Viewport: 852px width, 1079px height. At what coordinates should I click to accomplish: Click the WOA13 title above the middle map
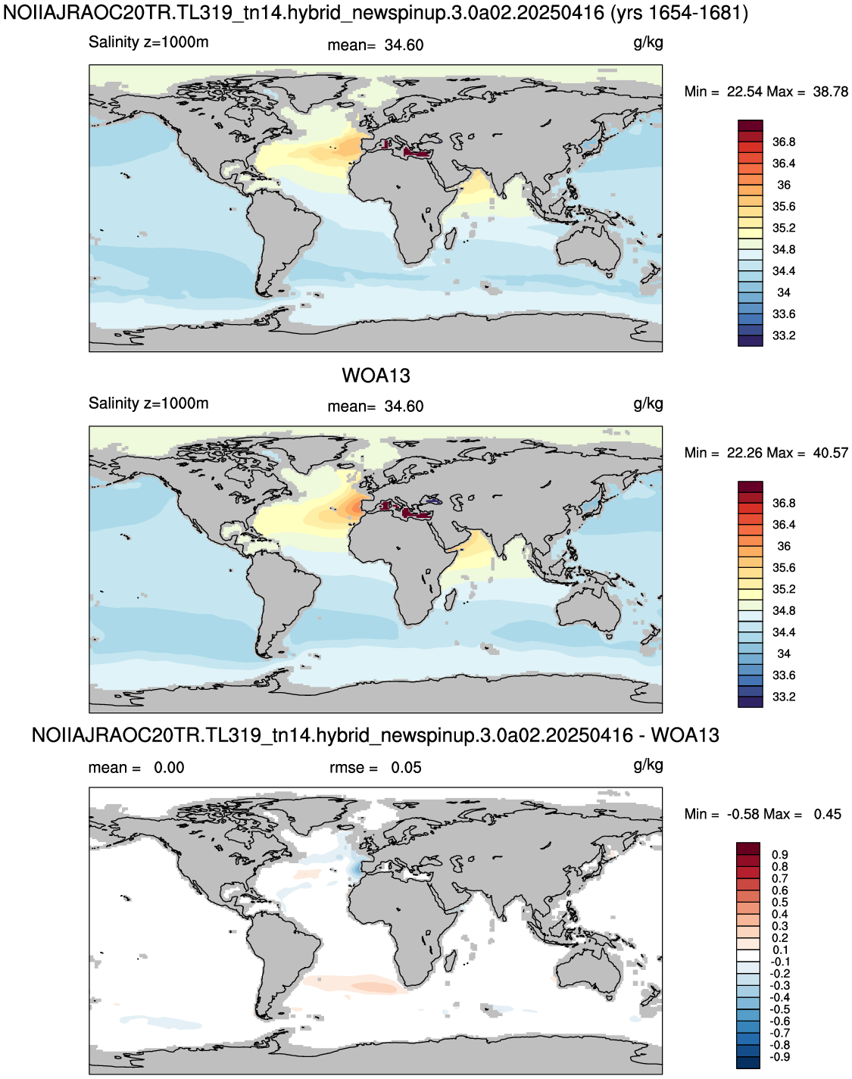tap(376, 376)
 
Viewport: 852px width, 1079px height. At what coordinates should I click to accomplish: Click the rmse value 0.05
tap(406, 768)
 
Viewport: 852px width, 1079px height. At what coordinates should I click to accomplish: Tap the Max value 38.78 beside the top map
tap(831, 92)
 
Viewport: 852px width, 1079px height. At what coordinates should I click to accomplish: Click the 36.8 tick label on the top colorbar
tap(784, 142)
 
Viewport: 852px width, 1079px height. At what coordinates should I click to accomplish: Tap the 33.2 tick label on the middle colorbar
tap(784, 697)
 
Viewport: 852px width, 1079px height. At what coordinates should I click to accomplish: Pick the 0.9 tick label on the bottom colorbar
tap(780, 855)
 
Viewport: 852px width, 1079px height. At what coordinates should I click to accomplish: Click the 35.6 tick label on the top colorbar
tap(784, 207)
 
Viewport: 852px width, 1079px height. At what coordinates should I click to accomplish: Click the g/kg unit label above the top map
tap(648, 43)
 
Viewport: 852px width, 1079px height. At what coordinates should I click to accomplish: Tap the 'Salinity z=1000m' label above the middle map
tap(148, 404)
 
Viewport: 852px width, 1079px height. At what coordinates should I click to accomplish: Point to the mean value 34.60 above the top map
tap(404, 45)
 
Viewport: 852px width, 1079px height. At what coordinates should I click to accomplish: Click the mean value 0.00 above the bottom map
tap(169, 768)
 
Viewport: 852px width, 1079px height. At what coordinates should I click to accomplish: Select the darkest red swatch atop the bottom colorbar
tap(748, 848)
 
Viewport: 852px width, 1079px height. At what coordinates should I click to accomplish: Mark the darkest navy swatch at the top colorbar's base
tap(751, 341)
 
